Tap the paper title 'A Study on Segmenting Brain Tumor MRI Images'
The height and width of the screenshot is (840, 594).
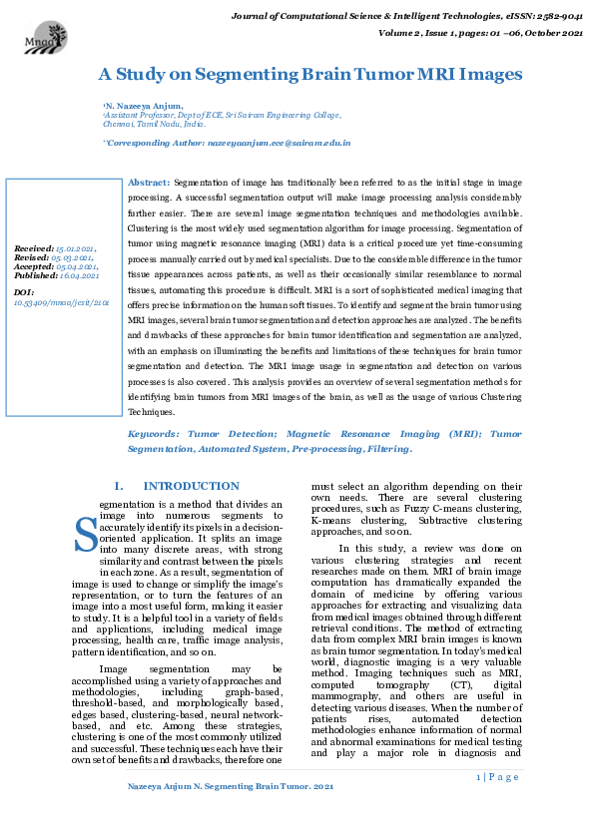point(309,75)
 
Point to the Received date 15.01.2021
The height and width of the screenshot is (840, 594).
point(75,247)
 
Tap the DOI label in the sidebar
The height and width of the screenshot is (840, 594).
point(24,291)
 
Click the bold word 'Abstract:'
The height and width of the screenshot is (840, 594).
point(150,185)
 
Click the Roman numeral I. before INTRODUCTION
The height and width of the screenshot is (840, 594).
point(119,486)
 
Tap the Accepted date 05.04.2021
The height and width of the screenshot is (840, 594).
point(76,265)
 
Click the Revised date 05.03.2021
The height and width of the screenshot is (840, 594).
point(73,256)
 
